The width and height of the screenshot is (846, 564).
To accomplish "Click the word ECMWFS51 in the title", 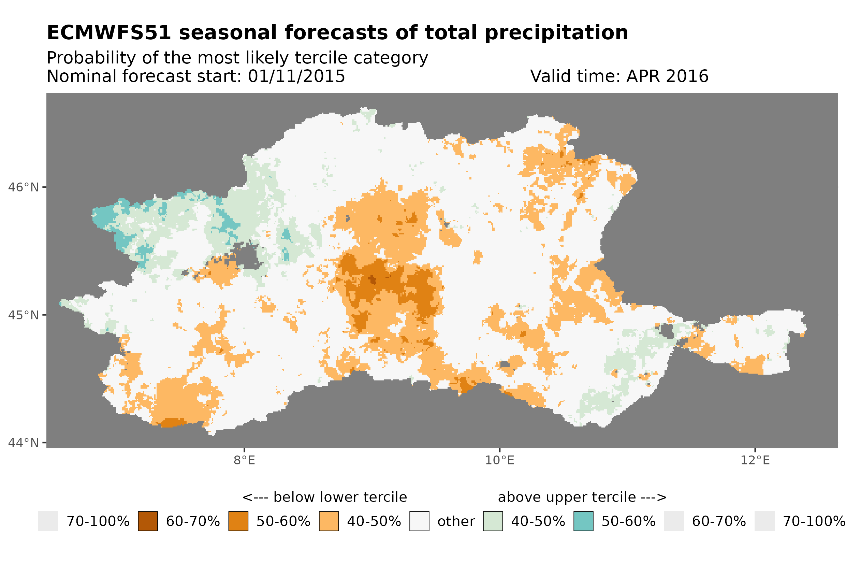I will (x=108, y=33).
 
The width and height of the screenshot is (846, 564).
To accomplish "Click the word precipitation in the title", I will (x=556, y=33).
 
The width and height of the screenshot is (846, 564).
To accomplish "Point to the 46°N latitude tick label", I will (x=23, y=187).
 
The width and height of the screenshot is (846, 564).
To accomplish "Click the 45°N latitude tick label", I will (x=23, y=315).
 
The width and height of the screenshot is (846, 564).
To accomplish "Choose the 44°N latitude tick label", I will (x=23, y=443).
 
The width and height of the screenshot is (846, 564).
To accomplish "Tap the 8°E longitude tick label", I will (x=244, y=460).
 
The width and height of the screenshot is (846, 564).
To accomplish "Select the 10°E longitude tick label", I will (x=499, y=460).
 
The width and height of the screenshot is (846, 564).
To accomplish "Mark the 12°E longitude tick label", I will (x=755, y=460).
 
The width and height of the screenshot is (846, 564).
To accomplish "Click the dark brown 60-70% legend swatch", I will (x=148, y=521).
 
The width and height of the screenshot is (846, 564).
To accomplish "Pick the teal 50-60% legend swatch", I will (x=583, y=521).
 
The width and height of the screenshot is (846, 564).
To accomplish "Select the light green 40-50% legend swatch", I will (x=493, y=521).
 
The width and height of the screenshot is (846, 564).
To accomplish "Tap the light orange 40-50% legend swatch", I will (x=329, y=521).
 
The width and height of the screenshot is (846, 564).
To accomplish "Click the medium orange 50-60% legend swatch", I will (x=238, y=521).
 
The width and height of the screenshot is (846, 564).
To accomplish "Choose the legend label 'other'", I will (x=455, y=522).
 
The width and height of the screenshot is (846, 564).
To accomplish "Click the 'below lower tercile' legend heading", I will (x=324, y=497).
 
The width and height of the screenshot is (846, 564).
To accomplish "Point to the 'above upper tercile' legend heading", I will (x=582, y=497).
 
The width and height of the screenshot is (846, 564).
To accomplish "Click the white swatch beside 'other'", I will (x=419, y=521).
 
